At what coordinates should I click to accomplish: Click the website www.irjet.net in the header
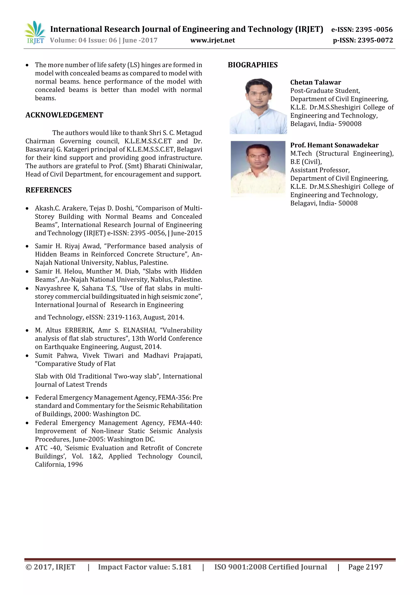pos(212,40)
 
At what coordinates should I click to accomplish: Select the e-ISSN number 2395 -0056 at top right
pos(374,30)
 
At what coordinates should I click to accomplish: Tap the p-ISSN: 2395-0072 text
pos(363,40)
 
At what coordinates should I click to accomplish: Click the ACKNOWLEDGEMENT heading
pos(64,115)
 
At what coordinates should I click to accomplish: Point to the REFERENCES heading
pos(48,190)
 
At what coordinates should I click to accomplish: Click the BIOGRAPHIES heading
pos(253,65)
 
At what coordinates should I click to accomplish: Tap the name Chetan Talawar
pos(315,82)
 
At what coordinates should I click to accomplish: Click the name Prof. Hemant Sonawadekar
pos(334,145)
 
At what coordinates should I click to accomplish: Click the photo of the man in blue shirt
pos(258,106)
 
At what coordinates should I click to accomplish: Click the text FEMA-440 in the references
pos(185,423)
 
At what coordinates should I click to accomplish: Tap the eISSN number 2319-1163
pos(123,318)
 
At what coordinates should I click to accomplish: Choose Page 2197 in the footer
pos(365,567)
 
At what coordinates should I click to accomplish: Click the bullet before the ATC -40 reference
pos(27,448)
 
